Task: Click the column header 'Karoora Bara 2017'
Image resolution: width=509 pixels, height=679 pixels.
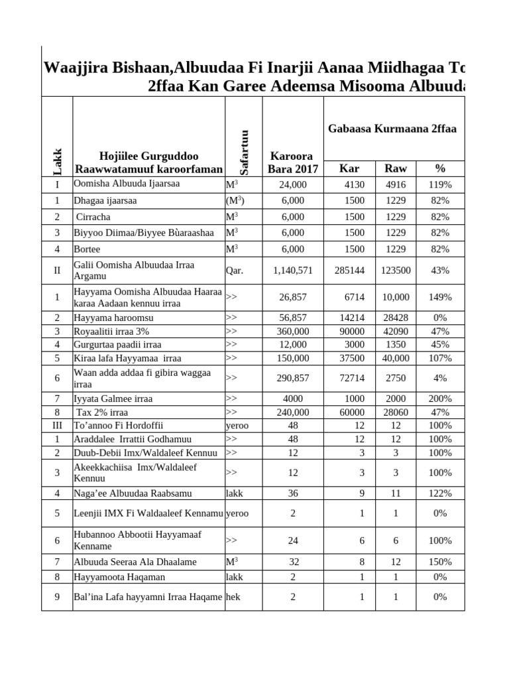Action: tap(292, 162)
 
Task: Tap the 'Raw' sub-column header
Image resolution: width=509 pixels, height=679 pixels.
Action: tap(396, 168)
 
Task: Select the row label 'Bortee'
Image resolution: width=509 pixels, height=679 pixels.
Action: tap(87, 249)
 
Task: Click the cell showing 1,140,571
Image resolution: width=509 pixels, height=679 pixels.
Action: tap(292, 271)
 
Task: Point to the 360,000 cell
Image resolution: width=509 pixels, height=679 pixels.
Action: tap(292, 331)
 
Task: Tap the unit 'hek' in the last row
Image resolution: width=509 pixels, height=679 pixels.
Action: tap(233, 597)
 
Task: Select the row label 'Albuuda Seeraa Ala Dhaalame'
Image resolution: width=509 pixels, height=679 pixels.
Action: tap(135, 562)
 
